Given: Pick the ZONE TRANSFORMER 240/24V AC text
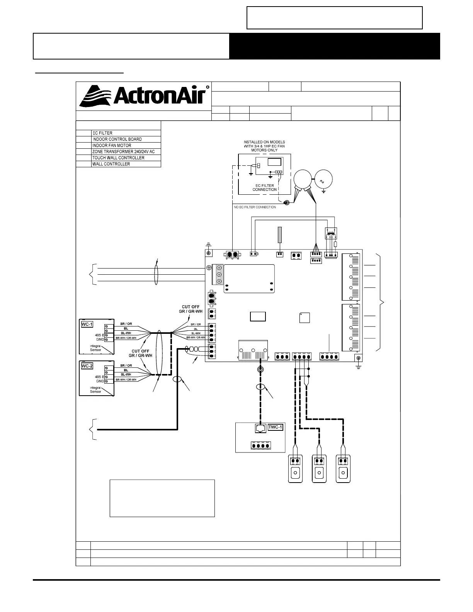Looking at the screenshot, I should pyautogui.click(x=123, y=151).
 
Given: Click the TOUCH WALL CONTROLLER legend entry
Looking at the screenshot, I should pyautogui.click(x=118, y=158).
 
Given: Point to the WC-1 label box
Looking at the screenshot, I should pyautogui.click(x=87, y=324).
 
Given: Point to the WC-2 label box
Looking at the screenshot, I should pyautogui.click(x=87, y=366).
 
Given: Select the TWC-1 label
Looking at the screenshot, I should pyautogui.click(x=276, y=427).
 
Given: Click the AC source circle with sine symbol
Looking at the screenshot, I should pyautogui.click(x=323, y=181).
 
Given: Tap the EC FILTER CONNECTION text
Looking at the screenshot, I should pyautogui.click(x=265, y=187).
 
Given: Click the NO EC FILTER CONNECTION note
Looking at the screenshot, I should pyautogui.click(x=255, y=207).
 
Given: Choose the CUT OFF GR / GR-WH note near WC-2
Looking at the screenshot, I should pyautogui.click(x=140, y=354).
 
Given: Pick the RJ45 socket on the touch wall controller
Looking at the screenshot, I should pyautogui.click(x=260, y=428).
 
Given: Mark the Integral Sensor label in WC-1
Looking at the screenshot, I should pyautogui.click(x=95, y=348).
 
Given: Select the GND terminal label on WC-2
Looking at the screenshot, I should pyautogui.click(x=100, y=381).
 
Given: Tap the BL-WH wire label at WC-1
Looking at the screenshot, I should pyautogui.click(x=126, y=333).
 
